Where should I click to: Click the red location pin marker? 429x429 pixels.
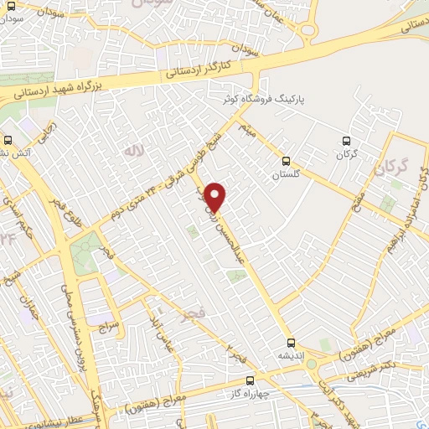[215, 196]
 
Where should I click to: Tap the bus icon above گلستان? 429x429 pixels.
[287, 161]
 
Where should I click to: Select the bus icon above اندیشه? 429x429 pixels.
[291, 342]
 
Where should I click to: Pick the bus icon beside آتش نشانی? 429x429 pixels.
[8, 141]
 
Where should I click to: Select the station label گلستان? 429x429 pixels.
[285, 175]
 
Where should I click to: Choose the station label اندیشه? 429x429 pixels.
[289, 355]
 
